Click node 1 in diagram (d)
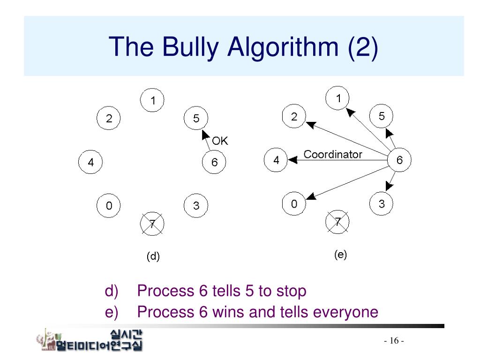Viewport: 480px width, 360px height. tap(152, 100)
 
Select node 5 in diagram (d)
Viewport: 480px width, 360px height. tap(196, 119)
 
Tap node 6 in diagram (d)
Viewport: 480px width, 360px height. tap(214, 162)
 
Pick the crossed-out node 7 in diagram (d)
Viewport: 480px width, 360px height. tap(152, 224)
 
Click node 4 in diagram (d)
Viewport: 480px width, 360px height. tap(90, 162)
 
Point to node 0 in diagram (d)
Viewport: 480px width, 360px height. tap(109, 206)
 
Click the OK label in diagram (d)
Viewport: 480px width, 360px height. tap(220, 141)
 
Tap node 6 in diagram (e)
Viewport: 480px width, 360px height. tap(399, 160)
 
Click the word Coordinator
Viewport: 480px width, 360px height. tap(333, 154)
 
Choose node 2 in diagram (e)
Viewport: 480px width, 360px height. tap(294, 117)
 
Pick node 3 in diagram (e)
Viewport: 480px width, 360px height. tap(382, 204)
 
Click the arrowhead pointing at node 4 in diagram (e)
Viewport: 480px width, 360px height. tap(293, 160)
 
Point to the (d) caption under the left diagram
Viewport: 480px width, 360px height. tap(153, 256)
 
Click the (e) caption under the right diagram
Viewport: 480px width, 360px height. tap(340, 255)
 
